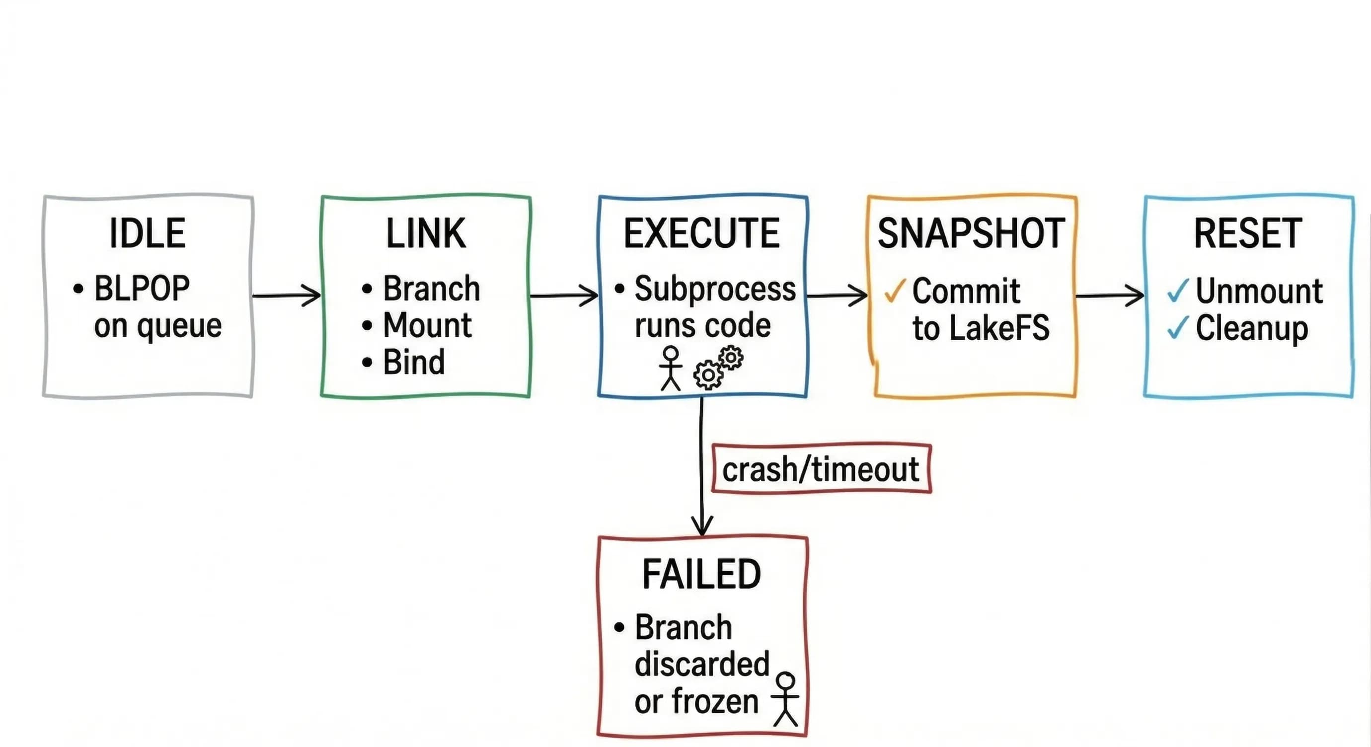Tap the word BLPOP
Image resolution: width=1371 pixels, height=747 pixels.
(142, 289)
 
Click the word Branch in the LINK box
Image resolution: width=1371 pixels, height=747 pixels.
(431, 289)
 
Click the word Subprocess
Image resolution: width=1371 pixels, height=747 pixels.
(715, 289)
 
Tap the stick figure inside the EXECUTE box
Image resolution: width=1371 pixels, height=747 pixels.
(671, 368)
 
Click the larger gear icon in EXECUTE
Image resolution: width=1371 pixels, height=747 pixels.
(708, 375)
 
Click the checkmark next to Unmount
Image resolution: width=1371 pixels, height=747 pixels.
(1178, 291)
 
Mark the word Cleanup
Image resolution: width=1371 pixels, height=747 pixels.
(1252, 329)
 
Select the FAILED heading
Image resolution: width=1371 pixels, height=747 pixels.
(701, 574)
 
